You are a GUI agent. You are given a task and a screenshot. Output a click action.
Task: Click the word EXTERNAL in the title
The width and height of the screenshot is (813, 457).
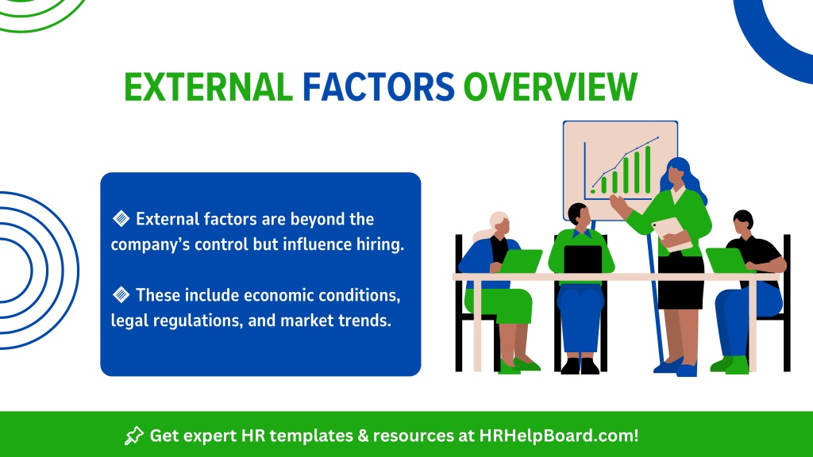point(209,86)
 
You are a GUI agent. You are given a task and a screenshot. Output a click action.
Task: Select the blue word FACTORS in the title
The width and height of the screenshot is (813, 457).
point(379,86)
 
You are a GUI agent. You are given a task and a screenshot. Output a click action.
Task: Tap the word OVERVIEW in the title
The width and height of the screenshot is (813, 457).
point(550,86)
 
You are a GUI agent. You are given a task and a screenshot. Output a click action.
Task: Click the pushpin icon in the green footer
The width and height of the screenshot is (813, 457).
point(133,436)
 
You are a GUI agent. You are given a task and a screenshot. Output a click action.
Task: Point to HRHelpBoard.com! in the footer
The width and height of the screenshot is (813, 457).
point(559,436)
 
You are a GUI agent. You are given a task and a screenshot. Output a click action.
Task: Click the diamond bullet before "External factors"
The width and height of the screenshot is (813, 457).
point(121,219)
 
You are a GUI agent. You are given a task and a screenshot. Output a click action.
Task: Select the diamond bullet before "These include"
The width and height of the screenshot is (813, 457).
point(121,295)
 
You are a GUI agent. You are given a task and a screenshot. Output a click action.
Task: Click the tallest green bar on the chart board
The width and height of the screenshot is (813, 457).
point(648,170)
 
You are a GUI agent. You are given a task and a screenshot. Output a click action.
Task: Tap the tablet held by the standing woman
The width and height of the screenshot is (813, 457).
point(672,234)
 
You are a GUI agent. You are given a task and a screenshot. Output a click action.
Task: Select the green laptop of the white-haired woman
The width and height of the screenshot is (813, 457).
point(520,260)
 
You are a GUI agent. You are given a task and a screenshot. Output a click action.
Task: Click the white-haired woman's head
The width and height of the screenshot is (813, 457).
point(500,224)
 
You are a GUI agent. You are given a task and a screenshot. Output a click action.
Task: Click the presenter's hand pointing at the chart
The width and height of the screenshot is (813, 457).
point(617,202)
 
